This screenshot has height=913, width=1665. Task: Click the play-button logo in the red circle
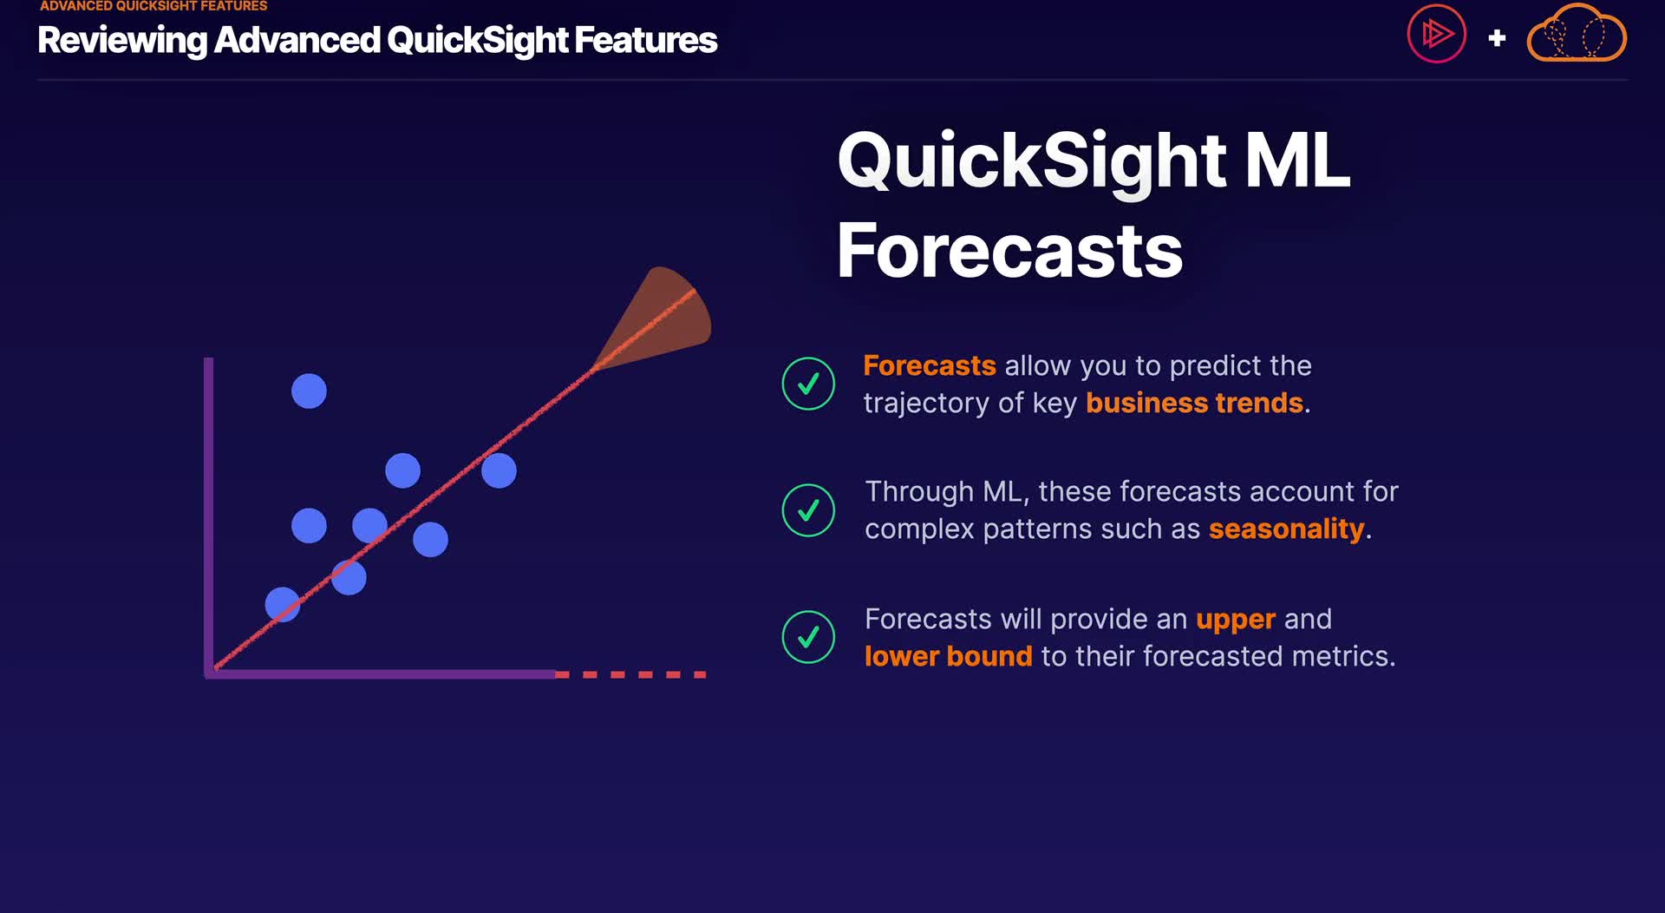1436,35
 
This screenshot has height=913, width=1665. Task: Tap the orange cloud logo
1577,33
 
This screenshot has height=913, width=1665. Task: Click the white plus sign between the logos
1497,38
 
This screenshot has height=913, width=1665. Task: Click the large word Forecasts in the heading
1009,251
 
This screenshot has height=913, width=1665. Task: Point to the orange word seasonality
1286,529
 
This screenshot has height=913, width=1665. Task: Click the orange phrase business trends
1194,403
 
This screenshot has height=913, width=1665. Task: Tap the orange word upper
1235,620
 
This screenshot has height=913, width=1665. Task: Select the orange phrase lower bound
948,656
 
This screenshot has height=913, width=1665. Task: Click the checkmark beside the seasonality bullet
808,510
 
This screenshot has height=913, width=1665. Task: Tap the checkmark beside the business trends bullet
808,384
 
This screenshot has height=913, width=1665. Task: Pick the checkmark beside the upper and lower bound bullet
808,637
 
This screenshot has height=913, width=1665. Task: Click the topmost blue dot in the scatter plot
309,391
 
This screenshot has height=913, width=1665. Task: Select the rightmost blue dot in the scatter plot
499,470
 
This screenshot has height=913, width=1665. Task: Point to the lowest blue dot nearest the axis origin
283,604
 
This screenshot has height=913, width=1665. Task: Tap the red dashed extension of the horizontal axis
630,674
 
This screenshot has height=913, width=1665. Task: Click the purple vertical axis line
209,516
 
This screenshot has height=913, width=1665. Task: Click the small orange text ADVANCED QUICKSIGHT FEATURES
153,6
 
